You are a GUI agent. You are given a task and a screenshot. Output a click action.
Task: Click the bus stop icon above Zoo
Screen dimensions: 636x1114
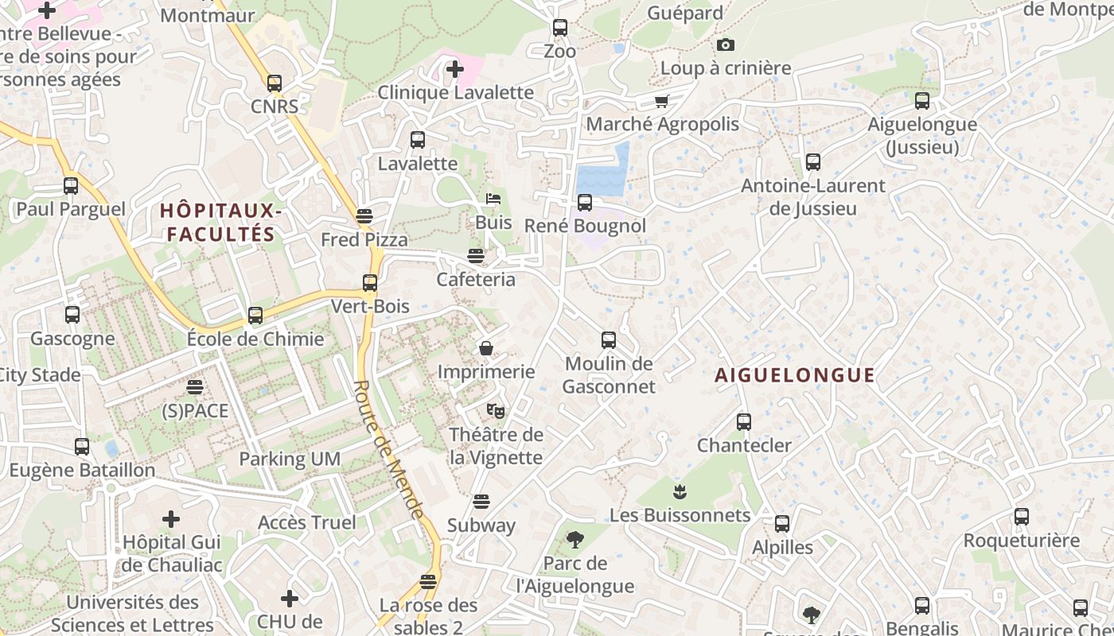coord(559,28)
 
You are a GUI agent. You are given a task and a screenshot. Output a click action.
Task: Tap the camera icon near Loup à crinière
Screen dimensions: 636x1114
coord(725,45)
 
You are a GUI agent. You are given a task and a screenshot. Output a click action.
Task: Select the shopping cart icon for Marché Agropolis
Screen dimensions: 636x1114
coord(661,101)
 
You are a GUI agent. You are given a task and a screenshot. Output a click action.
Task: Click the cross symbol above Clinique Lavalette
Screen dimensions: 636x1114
coord(454,69)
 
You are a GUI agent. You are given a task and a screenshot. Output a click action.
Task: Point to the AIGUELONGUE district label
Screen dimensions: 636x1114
coord(794,375)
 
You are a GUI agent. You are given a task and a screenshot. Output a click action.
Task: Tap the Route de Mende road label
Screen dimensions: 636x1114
coord(388,449)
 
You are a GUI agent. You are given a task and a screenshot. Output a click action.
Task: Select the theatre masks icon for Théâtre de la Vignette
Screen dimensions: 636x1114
coord(496,411)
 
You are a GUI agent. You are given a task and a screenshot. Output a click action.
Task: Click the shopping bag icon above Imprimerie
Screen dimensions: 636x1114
coord(485,348)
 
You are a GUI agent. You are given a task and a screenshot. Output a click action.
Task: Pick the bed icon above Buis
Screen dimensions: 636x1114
coord(493,199)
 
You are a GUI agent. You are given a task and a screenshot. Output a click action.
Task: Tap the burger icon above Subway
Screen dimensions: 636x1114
coord(481,502)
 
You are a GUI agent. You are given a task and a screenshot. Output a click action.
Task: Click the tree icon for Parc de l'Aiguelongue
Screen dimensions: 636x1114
coord(575,541)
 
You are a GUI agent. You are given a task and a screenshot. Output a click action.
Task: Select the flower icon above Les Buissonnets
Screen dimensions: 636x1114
coord(679,491)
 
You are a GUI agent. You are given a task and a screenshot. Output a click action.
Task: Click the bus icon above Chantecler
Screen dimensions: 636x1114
coord(743,422)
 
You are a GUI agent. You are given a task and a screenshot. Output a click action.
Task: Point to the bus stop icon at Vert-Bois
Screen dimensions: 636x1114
coord(369,283)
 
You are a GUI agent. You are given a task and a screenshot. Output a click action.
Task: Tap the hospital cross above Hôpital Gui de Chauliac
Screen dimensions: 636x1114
coord(170,519)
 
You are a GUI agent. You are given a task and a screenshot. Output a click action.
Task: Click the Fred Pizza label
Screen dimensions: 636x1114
coord(364,239)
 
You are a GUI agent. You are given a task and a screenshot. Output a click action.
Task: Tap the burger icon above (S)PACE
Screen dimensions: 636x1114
coord(194,387)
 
